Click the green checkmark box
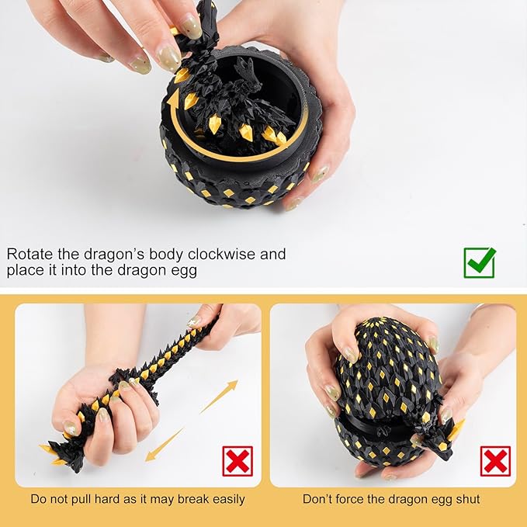(479, 262)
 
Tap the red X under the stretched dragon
(237, 460)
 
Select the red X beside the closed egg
(495, 460)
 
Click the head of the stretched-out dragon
(70, 458)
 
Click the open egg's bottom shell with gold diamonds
(233, 182)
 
